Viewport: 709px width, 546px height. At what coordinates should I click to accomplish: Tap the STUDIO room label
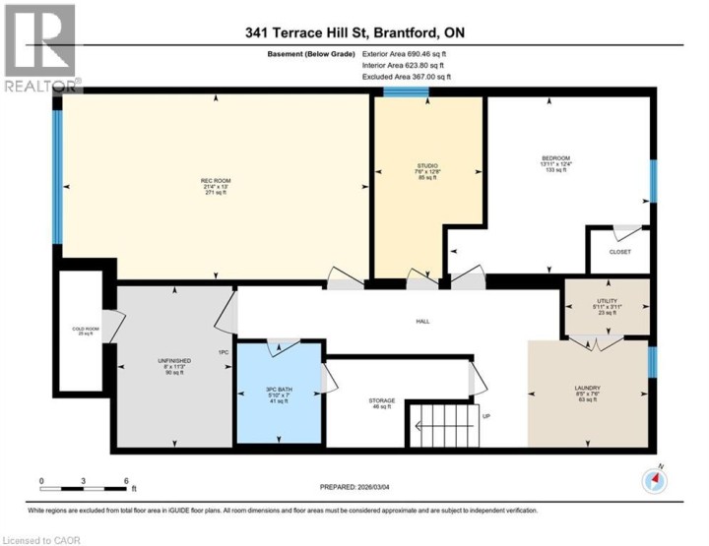[426, 165]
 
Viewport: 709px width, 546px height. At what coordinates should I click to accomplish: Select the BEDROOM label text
[556, 157]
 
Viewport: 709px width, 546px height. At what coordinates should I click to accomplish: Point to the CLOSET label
[619, 252]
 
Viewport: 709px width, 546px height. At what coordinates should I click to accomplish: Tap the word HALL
[421, 321]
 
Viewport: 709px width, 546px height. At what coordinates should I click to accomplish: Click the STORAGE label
[382, 400]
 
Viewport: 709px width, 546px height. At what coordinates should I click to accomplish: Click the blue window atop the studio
[406, 93]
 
